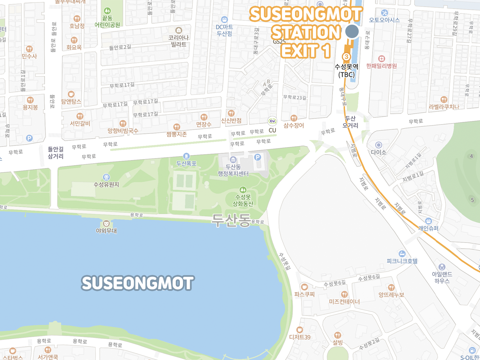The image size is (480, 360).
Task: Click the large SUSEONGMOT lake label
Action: [x=138, y=283]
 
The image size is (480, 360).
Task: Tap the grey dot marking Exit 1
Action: [x=352, y=31]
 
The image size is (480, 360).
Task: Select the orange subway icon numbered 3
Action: [x=346, y=57]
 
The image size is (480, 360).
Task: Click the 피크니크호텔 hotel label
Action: [x=402, y=261]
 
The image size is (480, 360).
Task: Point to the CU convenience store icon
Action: [x=272, y=121]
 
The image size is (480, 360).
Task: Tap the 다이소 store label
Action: [x=379, y=152]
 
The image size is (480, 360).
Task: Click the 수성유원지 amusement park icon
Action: [x=107, y=177]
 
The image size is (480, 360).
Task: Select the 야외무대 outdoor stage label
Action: [x=106, y=231]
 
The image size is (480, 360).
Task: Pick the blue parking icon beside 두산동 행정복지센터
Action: [x=258, y=157]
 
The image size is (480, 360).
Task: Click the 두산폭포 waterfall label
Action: [x=187, y=164]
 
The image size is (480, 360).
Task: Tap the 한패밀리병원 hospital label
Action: [x=381, y=66]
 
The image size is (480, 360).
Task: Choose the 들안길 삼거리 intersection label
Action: [x=56, y=153]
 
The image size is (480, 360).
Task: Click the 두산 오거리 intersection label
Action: [x=350, y=122]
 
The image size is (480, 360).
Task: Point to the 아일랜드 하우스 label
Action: [x=442, y=277]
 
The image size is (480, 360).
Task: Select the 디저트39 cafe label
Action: [x=300, y=337]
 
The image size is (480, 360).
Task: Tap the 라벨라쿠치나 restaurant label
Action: [x=444, y=107]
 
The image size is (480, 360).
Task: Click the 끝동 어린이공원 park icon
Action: [x=107, y=11]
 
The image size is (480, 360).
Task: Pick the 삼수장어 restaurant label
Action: [x=294, y=125]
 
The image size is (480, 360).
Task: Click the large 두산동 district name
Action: [x=231, y=220]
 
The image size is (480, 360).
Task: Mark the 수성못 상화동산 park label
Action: [x=243, y=201]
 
